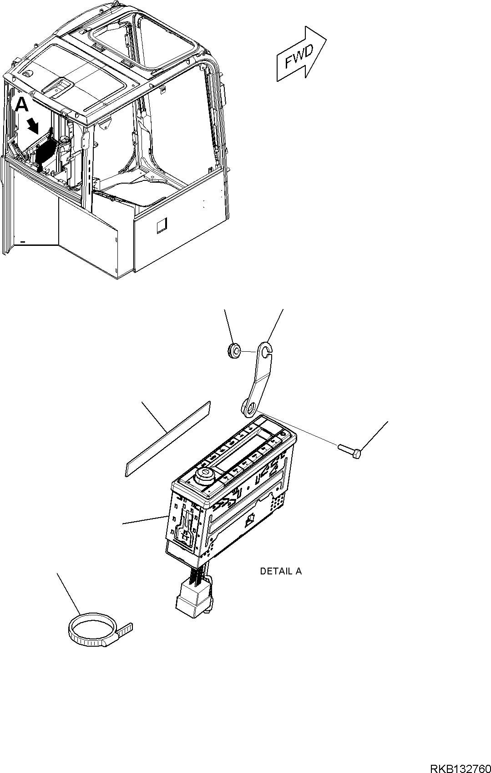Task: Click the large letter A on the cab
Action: pyautogui.click(x=22, y=105)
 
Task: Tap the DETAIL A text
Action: pyautogui.click(x=280, y=571)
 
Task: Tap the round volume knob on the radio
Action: pyautogui.click(x=203, y=477)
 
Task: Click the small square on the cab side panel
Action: pyautogui.click(x=162, y=225)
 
